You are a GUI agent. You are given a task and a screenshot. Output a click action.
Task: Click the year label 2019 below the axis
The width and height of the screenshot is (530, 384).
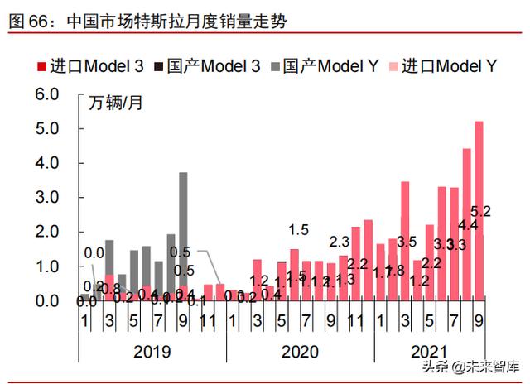click(152, 351)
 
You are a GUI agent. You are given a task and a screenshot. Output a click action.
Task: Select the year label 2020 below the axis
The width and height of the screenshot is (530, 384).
click(300, 351)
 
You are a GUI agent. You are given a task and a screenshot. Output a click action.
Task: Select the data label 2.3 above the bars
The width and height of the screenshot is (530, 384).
click(340, 242)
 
